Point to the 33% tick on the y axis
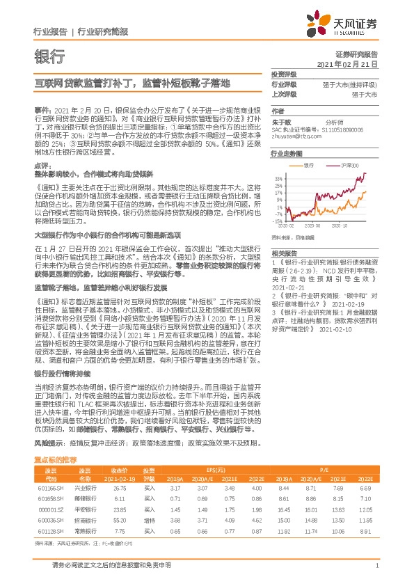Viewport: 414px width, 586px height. coord(278,177)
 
